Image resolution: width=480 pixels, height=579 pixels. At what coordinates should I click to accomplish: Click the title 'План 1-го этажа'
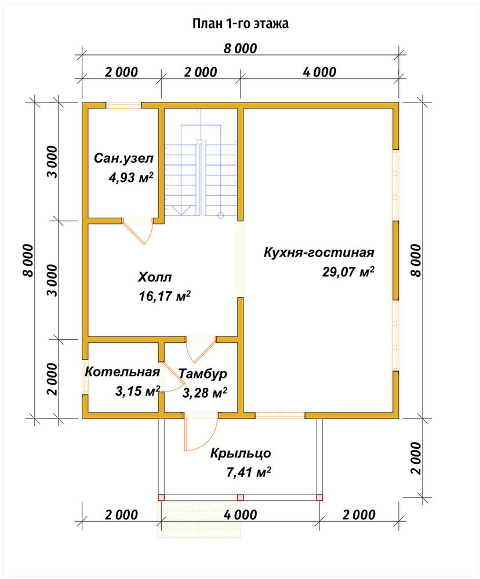[241, 24]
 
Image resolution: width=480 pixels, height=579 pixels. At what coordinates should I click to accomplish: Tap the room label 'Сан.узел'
[123, 159]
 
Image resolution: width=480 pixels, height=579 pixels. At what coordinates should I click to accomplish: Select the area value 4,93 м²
[130, 178]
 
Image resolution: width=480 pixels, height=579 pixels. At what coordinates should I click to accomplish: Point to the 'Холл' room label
[155, 277]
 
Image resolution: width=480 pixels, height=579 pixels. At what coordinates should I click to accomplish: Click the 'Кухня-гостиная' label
[319, 252]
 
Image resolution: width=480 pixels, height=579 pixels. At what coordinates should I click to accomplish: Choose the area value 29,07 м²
[348, 272]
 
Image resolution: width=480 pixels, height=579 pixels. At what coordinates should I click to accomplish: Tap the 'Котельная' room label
[122, 372]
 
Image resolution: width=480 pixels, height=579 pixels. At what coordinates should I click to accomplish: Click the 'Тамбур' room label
[203, 373]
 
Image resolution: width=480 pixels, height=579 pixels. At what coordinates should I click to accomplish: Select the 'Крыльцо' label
[241, 453]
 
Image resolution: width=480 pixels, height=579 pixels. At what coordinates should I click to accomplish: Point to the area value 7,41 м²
[248, 472]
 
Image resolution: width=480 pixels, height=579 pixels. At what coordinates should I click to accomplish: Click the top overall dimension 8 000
[240, 49]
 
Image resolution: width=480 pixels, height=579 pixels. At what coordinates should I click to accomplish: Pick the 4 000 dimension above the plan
[319, 72]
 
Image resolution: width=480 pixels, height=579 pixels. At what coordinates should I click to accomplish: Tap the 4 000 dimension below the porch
[241, 514]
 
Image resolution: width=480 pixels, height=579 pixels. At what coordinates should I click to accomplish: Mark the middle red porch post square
[241, 497]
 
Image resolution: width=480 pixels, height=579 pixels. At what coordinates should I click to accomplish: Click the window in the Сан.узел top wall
[124, 105]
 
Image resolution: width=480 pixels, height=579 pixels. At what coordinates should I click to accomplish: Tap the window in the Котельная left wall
[85, 377]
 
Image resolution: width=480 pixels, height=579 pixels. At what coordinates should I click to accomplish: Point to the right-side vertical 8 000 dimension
[416, 261]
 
